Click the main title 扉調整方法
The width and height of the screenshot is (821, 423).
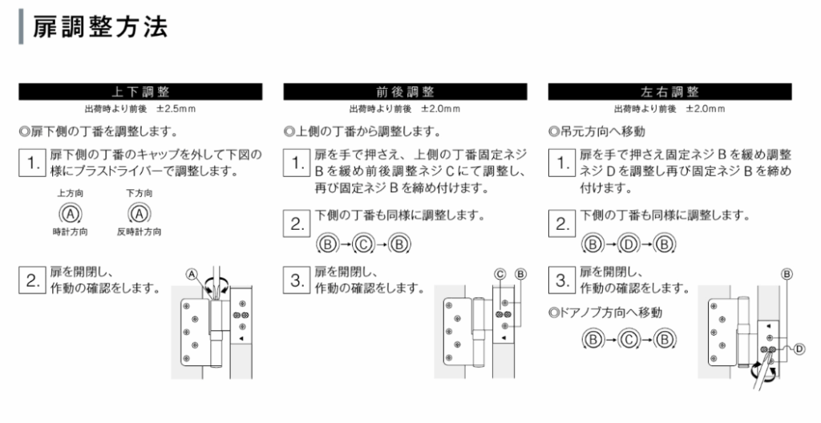pos(100,27)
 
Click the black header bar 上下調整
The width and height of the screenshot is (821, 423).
pos(140,91)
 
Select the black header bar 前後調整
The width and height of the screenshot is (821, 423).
pos(405,91)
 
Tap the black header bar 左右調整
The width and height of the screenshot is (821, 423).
pos(669,91)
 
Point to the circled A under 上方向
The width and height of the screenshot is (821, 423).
pos(71,214)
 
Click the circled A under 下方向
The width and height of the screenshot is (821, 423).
pos(140,214)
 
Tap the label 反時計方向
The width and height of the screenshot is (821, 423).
pos(140,232)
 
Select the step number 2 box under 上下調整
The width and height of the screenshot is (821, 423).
pos(32,280)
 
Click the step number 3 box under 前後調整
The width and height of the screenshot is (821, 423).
pos(297,280)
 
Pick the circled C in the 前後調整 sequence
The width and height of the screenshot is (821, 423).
pos(364,244)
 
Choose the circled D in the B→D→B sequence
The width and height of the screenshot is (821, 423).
pos(629,244)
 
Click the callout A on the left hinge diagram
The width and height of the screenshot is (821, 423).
pos(192,274)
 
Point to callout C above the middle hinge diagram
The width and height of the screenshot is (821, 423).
pos(500,274)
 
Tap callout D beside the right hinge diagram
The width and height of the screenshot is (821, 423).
pos(799,348)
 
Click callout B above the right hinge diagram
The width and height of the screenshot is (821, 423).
pos(787,274)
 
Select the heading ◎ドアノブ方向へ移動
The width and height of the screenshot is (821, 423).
pos(605,312)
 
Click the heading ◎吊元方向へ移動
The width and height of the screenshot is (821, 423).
pos(597,131)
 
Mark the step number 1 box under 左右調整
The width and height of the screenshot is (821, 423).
pos(562,163)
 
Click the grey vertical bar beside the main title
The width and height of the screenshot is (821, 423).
pos(21,26)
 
